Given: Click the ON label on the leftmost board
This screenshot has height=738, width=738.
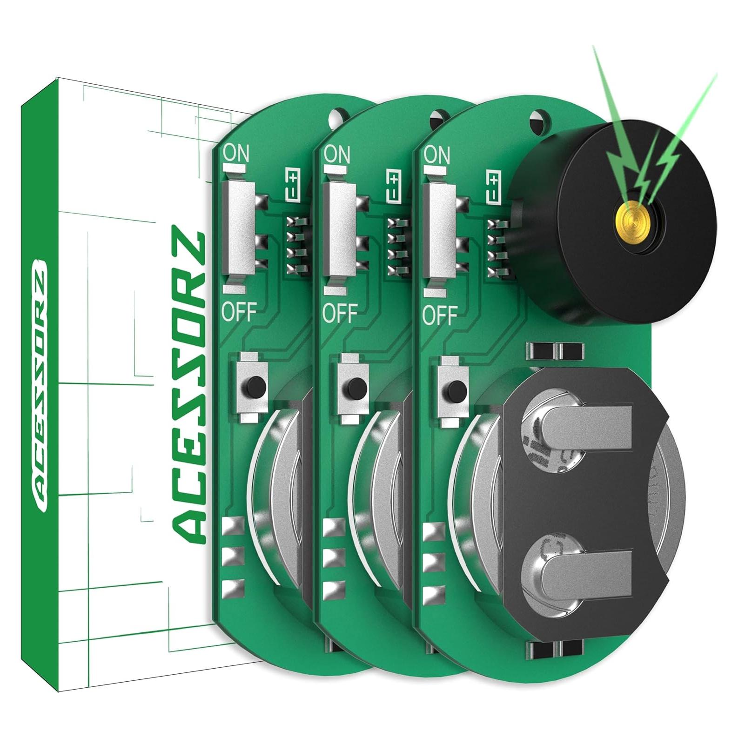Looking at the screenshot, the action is point(236,153).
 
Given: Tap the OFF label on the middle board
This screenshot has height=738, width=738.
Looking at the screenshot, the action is point(340,313).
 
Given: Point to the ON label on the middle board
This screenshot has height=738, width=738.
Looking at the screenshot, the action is point(336,154).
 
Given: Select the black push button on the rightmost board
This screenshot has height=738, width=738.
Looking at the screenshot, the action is point(457,388).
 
